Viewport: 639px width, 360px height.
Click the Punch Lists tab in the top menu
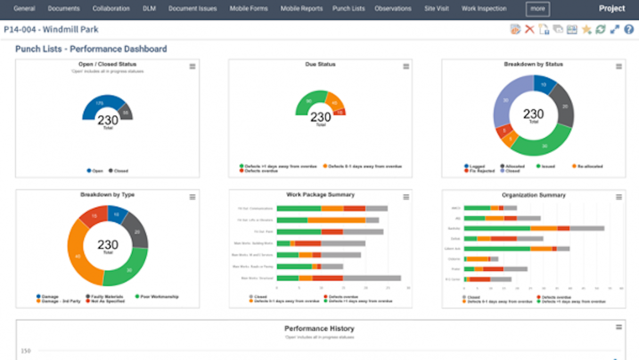click(x=348, y=9)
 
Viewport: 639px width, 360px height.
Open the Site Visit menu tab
click(x=437, y=9)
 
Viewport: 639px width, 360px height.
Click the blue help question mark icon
click(x=628, y=29)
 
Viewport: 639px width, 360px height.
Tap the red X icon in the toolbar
click(x=529, y=29)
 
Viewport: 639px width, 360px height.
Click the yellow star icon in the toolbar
click(x=586, y=29)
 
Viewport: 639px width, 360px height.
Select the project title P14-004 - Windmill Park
click(x=51, y=30)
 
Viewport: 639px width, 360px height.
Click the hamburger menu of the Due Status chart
click(x=406, y=67)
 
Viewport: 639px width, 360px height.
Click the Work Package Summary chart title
click(x=320, y=195)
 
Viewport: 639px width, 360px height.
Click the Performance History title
click(x=319, y=329)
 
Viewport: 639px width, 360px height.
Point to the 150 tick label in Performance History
click(x=26, y=351)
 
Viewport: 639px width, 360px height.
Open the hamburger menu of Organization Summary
click(x=619, y=197)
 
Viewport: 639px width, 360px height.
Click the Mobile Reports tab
click(x=301, y=9)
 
